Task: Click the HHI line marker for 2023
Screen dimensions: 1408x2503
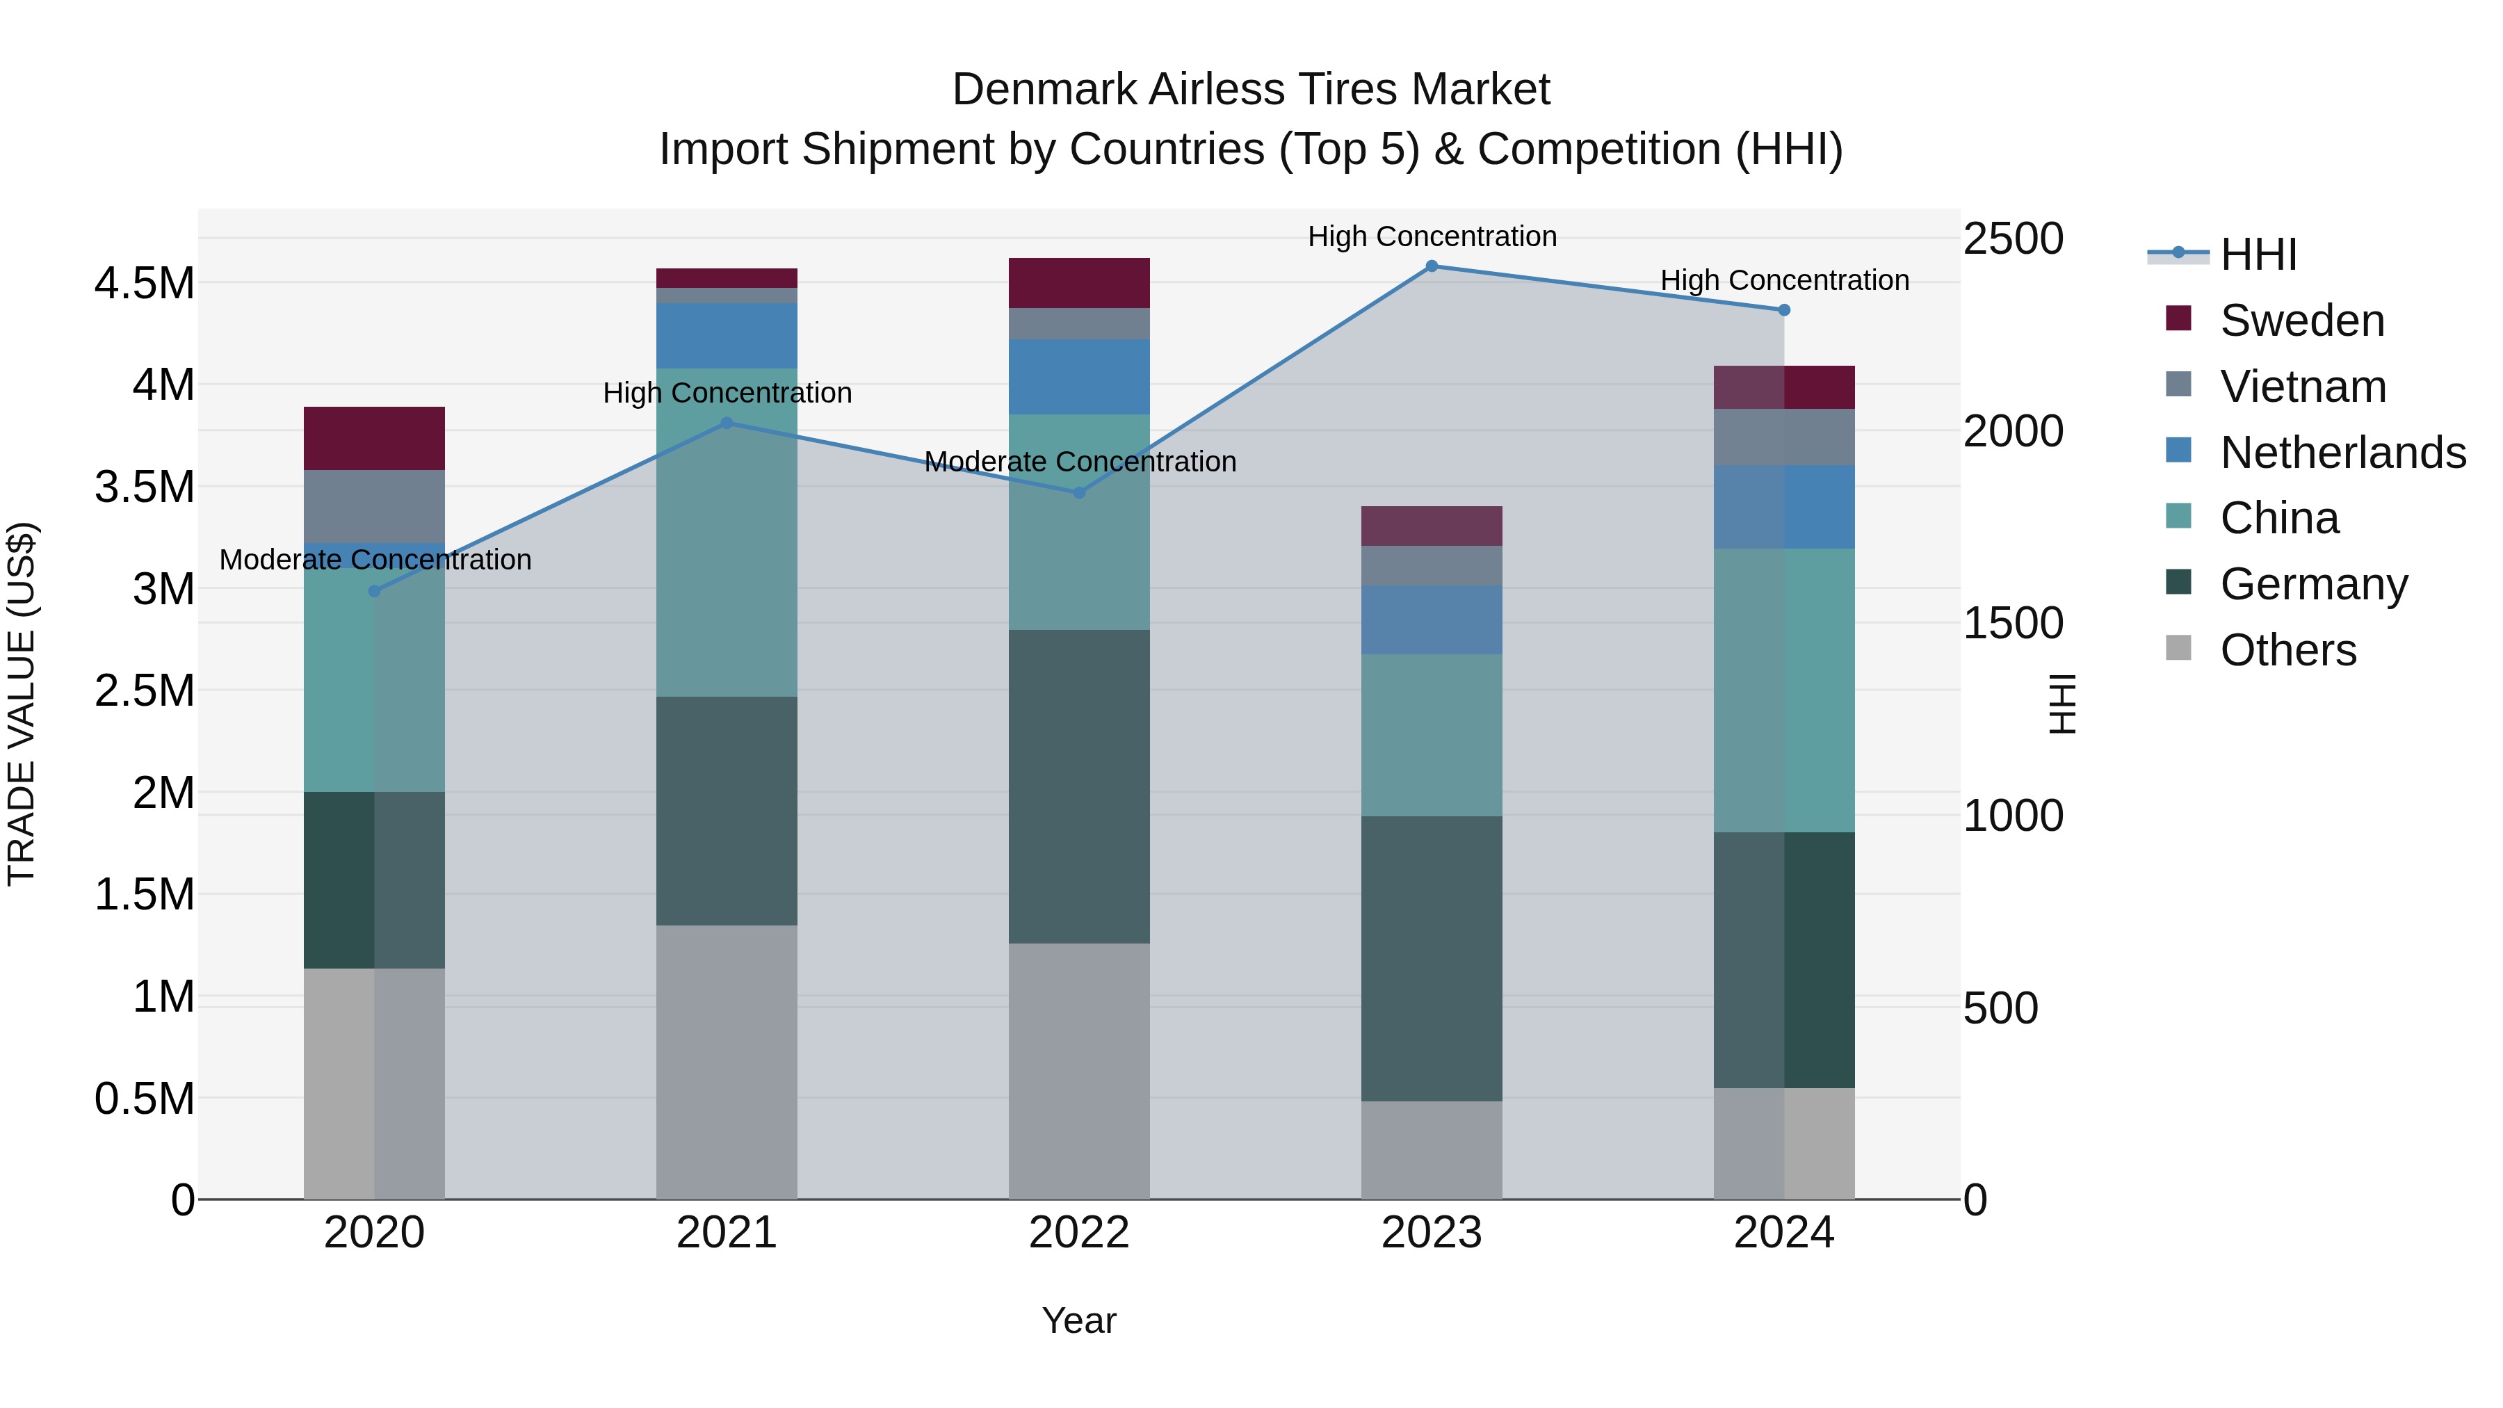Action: (x=1432, y=266)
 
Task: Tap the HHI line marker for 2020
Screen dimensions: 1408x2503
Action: (x=375, y=591)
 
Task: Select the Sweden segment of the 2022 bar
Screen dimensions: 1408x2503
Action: (x=1078, y=283)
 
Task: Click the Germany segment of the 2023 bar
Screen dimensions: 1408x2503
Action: (x=1432, y=958)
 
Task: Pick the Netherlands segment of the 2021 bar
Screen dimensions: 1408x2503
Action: (x=727, y=335)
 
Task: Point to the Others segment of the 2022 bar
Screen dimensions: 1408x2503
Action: (x=1078, y=1071)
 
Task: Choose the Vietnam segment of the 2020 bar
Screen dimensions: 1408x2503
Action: (x=375, y=506)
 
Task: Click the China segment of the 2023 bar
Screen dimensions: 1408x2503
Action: (x=1432, y=735)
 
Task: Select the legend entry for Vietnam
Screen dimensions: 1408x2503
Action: (x=2302, y=387)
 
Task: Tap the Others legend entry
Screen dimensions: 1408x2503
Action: (x=2287, y=650)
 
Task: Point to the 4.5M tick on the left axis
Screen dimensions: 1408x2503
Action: (x=144, y=284)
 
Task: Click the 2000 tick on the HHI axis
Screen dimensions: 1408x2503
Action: (x=2012, y=431)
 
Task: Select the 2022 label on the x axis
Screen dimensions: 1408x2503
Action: (x=1078, y=1233)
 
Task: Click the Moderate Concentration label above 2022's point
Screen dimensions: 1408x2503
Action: (x=1080, y=462)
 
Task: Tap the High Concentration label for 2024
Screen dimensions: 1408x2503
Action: (x=1784, y=280)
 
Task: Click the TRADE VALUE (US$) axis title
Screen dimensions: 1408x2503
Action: (x=22, y=704)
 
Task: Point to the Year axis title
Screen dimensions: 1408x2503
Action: (x=1078, y=1320)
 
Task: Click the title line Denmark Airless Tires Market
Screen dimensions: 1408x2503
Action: (x=1251, y=90)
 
